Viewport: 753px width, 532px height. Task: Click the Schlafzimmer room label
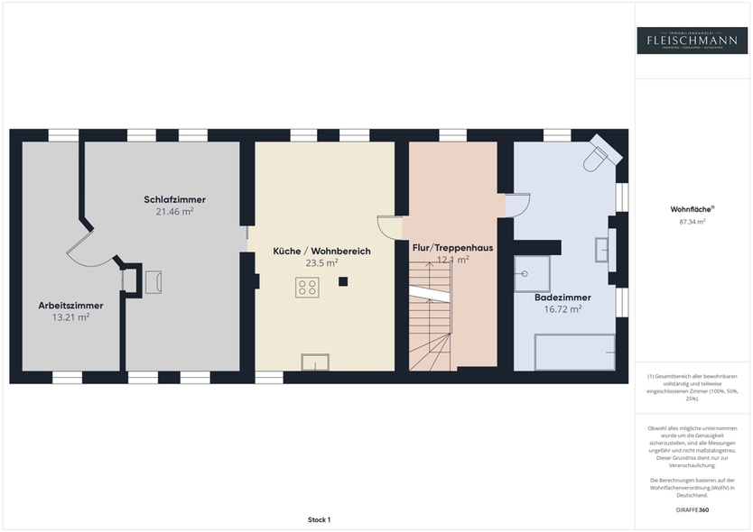[x=174, y=199]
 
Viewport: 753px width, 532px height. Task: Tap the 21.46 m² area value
[x=174, y=211]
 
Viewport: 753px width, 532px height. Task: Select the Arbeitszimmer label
[x=63, y=305]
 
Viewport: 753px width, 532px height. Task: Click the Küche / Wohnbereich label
[x=321, y=252]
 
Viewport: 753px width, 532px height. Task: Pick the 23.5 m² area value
[x=321, y=263]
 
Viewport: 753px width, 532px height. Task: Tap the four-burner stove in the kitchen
[x=307, y=288]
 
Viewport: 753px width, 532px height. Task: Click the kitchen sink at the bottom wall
[x=315, y=362]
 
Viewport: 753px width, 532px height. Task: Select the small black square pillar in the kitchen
[x=343, y=281]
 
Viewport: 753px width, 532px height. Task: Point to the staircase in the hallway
[x=430, y=316]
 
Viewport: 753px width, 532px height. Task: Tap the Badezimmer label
[x=562, y=297]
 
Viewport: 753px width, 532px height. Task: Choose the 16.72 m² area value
[x=562, y=308]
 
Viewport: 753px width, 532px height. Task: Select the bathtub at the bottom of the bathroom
[x=575, y=352]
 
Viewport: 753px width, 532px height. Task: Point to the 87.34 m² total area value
[x=692, y=221]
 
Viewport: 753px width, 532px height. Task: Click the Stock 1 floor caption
[x=319, y=520]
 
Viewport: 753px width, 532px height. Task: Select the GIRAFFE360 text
[x=692, y=510]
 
